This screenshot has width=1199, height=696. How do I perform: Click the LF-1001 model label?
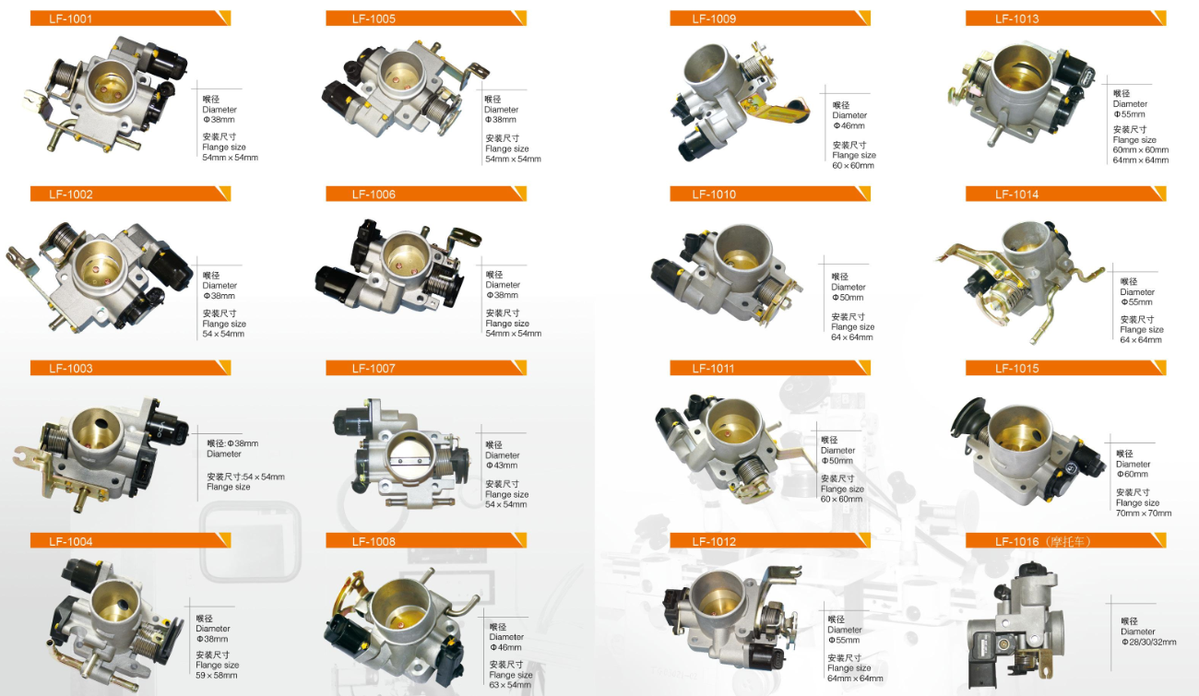(x=71, y=18)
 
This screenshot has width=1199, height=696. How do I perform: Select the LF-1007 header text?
(x=374, y=368)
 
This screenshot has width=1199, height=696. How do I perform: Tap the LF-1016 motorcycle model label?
(x=1043, y=541)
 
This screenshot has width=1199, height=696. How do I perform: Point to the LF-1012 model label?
(x=714, y=541)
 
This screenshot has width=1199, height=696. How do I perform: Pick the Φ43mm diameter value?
(x=501, y=466)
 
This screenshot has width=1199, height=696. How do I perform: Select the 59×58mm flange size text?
(x=216, y=675)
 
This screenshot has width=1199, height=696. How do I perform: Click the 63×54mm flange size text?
(x=510, y=685)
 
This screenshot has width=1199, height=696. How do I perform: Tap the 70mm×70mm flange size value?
(x=1144, y=513)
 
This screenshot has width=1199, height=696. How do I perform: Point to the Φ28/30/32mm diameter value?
(x=1148, y=642)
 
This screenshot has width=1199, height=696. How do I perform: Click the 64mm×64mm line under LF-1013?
(x=1141, y=160)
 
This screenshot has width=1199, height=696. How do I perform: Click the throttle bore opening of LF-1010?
(x=743, y=249)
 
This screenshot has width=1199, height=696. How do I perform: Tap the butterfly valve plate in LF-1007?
(x=412, y=461)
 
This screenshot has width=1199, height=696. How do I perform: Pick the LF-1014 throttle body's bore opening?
(x=1025, y=239)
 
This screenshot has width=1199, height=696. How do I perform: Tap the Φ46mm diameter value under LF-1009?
(x=849, y=125)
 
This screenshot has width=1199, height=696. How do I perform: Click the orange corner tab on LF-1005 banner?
(x=519, y=18)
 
